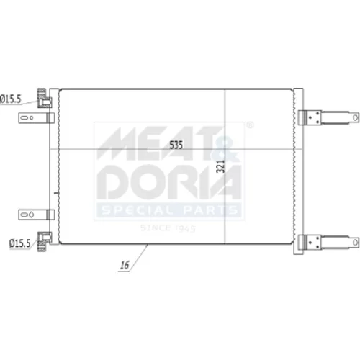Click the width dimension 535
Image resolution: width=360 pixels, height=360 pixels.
(176, 145)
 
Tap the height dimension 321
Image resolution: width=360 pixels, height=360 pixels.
(220, 166)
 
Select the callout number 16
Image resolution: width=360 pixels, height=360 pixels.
(125, 265)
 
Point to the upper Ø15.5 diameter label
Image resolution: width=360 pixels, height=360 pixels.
(11, 99)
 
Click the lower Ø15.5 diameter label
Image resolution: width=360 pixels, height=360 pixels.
(20, 243)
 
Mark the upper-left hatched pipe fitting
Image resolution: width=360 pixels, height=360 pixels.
(44, 98)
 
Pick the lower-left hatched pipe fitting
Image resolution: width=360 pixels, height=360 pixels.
(44, 241)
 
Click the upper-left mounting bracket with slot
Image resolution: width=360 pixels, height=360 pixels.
(37, 118)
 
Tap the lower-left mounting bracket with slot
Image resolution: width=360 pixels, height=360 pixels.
(37, 215)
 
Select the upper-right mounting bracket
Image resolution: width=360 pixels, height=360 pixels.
(328, 117)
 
